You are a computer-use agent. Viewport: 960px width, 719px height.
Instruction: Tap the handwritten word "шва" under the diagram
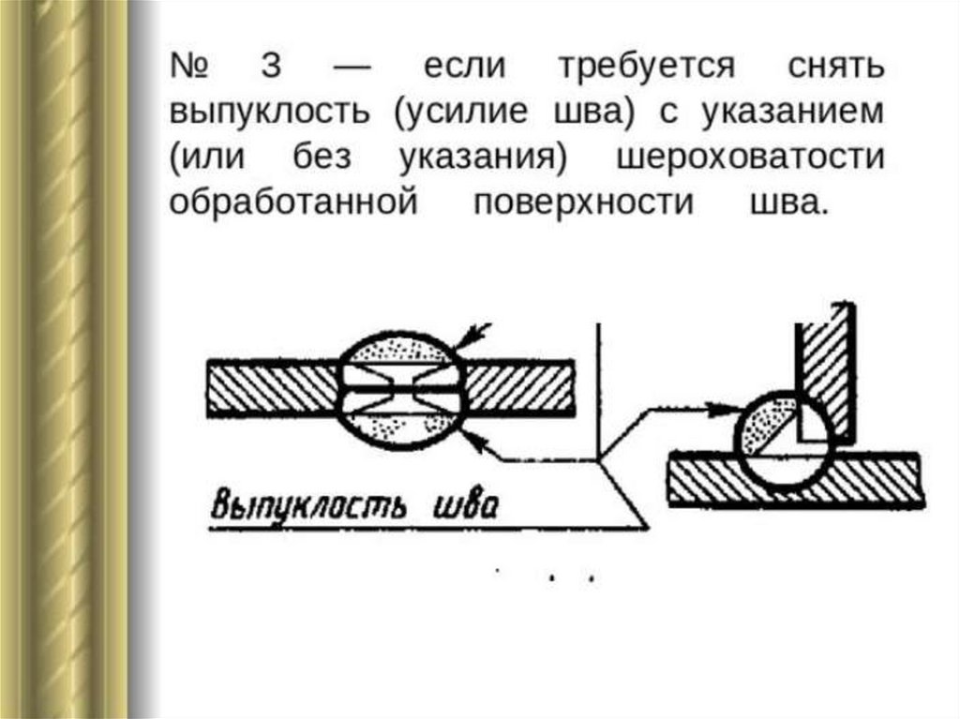coord(464,506)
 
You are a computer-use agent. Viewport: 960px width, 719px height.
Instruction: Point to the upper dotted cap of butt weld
coord(400,350)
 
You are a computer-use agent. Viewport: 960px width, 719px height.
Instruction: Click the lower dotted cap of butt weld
coord(400,427)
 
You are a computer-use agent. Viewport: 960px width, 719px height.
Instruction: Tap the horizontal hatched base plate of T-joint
coord(797,479)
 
